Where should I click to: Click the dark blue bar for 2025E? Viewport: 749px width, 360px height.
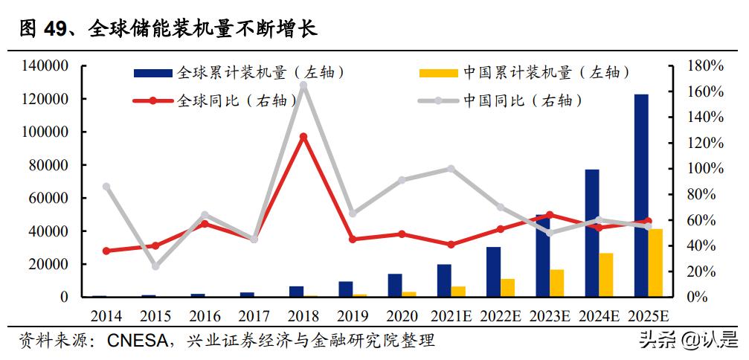pos(641,196)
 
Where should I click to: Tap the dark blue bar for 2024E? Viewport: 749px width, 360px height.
pos(592,233)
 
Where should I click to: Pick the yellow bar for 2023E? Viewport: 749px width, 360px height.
pos(557,283)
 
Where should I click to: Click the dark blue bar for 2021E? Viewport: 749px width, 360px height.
pos(444,280)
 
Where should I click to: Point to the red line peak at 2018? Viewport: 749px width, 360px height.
pos(303,137)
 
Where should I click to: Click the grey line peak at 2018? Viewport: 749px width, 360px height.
pos(303,86)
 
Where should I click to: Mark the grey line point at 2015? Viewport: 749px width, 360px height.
pos(155,266)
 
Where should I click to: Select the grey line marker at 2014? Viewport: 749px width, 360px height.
pos(106,187)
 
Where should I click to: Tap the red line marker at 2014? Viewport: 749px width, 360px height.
pos(106,251)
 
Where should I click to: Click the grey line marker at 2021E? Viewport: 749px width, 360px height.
pos(451,169)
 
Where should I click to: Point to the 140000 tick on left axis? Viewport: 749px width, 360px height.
pos(45,66)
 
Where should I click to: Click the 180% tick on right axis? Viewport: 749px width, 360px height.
pos(704,66)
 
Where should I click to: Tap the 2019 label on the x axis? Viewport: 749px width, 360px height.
pos(353,315)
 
